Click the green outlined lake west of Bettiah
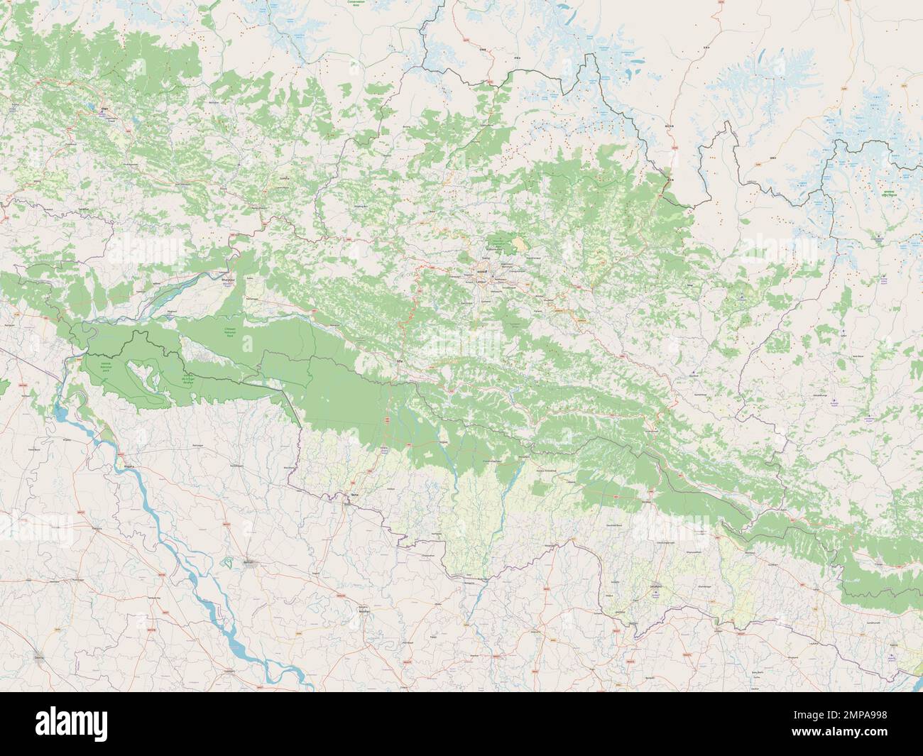point(228,562)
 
